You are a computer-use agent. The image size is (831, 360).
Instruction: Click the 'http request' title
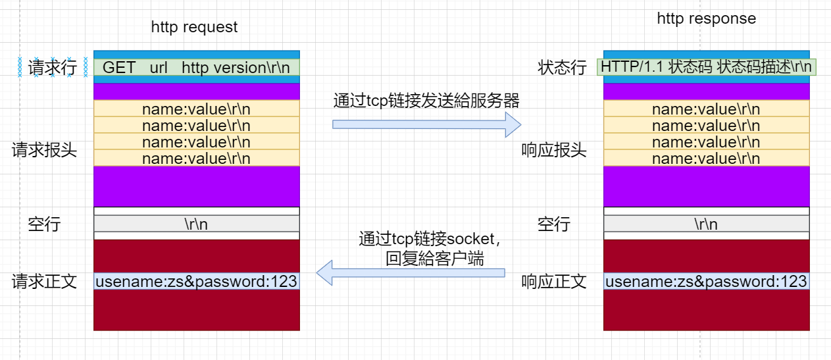pyautogui.click(x=194, y=27)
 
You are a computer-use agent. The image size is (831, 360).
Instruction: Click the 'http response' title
pyautogui.click(x=706, y=18)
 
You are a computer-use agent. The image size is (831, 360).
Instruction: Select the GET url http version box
pyautogui.click(x=196, y=67)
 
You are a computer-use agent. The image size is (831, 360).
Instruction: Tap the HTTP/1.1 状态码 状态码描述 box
pyautogui.click(x=707, y=67)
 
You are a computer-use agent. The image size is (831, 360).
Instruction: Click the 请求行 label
pyautogui.click(x=53, y=68)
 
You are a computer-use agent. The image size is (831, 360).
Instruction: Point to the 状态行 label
pyautogui.click(x=561, y=68)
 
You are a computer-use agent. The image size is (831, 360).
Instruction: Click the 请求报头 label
pyautogui.click(x=44, y=150)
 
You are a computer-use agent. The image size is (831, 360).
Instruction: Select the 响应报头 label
pyautogui.click(x=553, y=151)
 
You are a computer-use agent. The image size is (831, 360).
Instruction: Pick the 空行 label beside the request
pyautogui.click(x=44, y=224)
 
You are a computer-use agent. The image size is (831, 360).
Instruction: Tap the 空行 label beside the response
pyautogui.click(x=553, y=224)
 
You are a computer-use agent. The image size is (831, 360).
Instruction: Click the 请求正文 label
pyautogui.click(x=44, y=282)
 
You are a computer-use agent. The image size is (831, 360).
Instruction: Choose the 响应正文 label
pyautogui.click(x=553, y=282)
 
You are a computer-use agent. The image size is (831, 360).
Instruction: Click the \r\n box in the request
pyautogui.click(x=196, y=224)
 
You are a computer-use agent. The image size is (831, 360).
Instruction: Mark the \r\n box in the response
pyautogui.click(x=706, y=224)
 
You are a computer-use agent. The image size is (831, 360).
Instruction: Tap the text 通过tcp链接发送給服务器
pyautogui.click(x=426, y=101)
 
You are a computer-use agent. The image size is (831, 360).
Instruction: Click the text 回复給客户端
pyautogui.click(x=434, y=259)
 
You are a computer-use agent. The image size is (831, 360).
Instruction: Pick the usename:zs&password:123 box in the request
pyautogui.click(x=196, y=281)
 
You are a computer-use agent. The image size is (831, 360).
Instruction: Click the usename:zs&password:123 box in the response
pyautogui.click(x=706, y=282)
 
